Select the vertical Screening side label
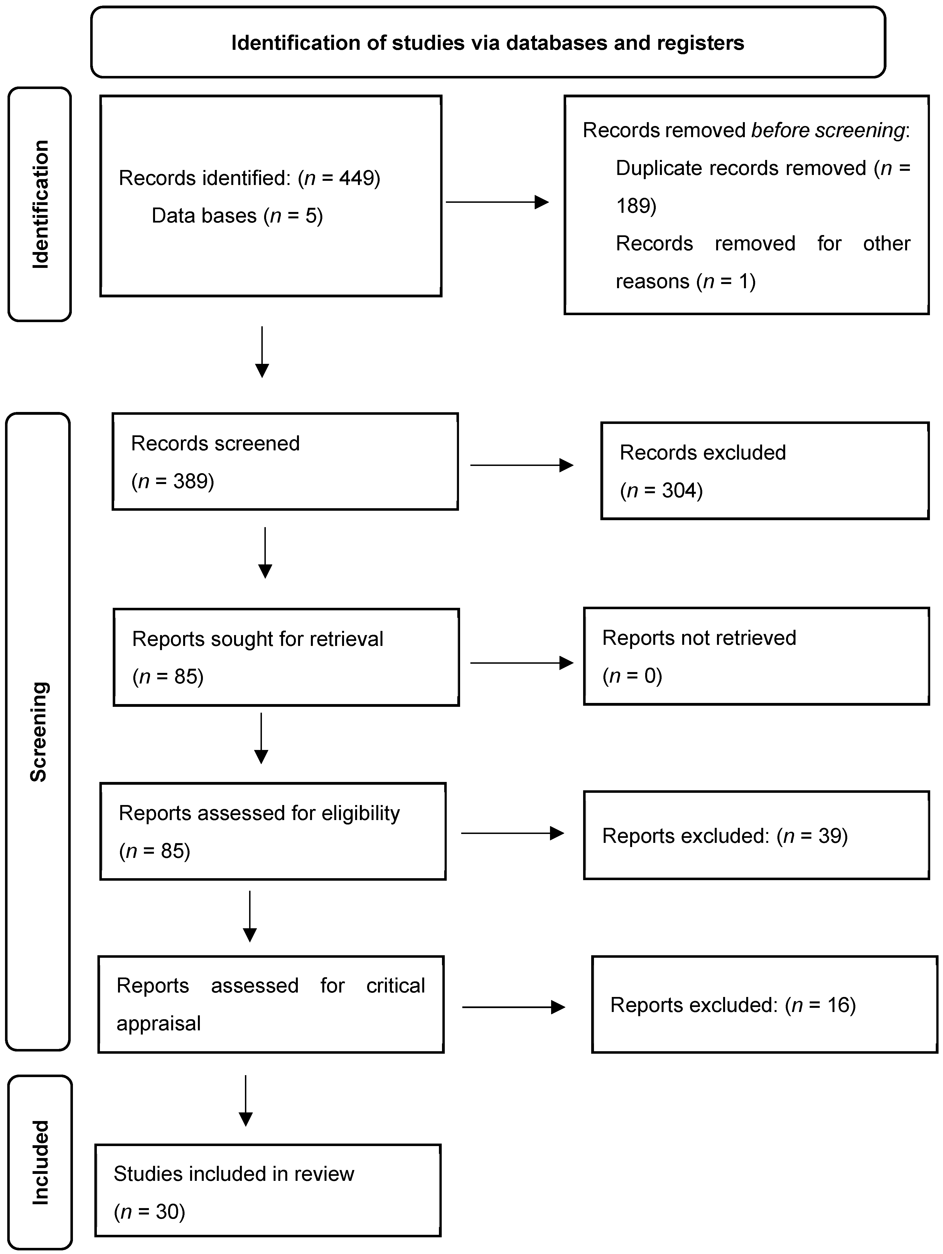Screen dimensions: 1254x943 pyautogui.click(x=39, y=731)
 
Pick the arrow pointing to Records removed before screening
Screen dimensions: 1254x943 pyautogui.click(x=497, y=202)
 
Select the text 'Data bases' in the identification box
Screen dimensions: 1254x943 pyautogui.click(x=204, y=216)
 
